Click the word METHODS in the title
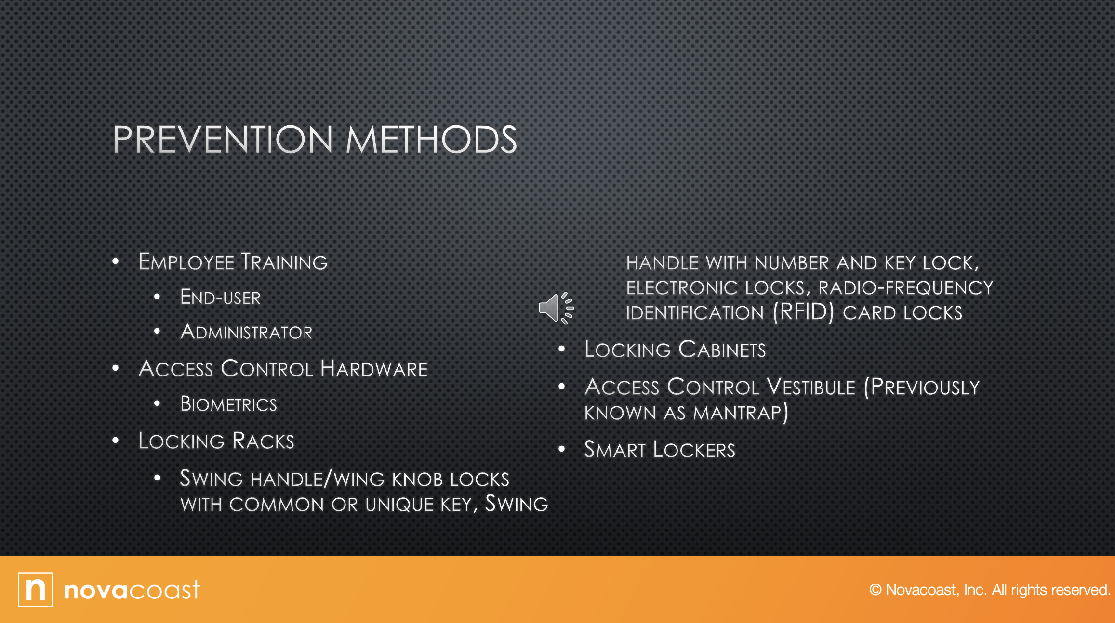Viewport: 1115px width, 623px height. (x=431, y=140)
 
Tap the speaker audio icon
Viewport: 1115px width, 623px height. (x=556, y=308)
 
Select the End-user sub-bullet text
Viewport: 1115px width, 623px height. (x=220, y=297)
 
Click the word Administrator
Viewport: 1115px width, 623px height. (x=246, y=332)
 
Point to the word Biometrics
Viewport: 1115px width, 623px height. (x=228, y=404)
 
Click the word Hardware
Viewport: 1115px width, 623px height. (x=374, y=369)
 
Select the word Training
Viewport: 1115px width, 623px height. (x=284, y=262)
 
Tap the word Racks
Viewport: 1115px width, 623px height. (x=263, y=441)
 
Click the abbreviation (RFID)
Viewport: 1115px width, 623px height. (x=803, y=312)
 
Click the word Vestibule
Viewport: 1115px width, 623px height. (x=810, y=387)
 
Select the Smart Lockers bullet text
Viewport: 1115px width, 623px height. (x=660, y=450)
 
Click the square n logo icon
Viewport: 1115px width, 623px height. (x=35, y=590)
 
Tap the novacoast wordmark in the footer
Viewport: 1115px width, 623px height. (x=132, y=590)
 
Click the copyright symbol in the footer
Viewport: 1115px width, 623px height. (x=876, y=590)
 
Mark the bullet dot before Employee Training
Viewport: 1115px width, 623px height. (x=115, y=261)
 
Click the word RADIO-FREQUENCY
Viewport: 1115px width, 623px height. (x=906, y=288)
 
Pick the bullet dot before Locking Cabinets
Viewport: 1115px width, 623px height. (x=561, y=349)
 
